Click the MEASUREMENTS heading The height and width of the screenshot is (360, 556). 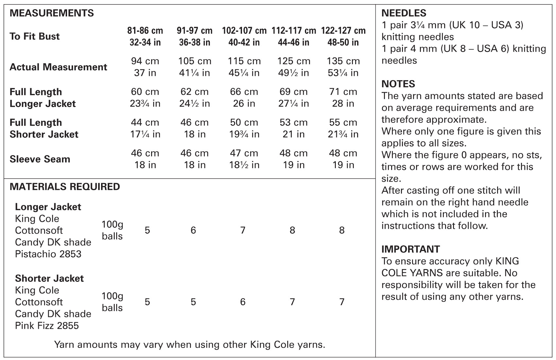pos(52,13)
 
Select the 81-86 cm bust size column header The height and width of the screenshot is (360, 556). pos(145,37)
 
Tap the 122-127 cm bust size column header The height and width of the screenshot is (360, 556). pos(343,37)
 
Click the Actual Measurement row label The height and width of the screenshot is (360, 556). pos(58,67)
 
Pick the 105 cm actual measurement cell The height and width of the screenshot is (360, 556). pos(195,67)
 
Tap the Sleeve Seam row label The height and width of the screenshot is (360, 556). pos(40,159)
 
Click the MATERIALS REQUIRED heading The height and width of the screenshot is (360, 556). pos(65,187)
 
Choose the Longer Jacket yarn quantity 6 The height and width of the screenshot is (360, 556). pos(193,230)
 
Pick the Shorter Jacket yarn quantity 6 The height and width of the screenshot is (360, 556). pos(243,302)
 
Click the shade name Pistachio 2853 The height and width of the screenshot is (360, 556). pos(48,254)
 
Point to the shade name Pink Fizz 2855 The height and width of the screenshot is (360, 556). pos(47,326)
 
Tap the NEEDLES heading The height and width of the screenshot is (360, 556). pos(404,13)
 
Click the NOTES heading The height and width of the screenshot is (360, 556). pos(398,84)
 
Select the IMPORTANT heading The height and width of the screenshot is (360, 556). pos(410,249)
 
